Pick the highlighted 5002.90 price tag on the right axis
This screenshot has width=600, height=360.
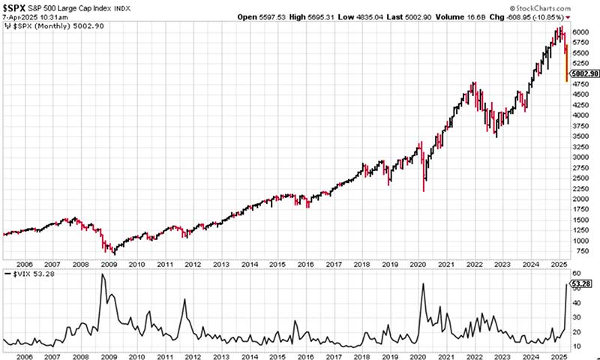583,74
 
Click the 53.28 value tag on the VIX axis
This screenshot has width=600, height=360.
582,284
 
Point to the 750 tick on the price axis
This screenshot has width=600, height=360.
580,251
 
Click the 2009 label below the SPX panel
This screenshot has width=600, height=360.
109,263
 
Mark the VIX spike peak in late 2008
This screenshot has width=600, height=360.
102,274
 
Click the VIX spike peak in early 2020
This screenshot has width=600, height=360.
424,283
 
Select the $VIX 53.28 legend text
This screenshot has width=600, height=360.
26,276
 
